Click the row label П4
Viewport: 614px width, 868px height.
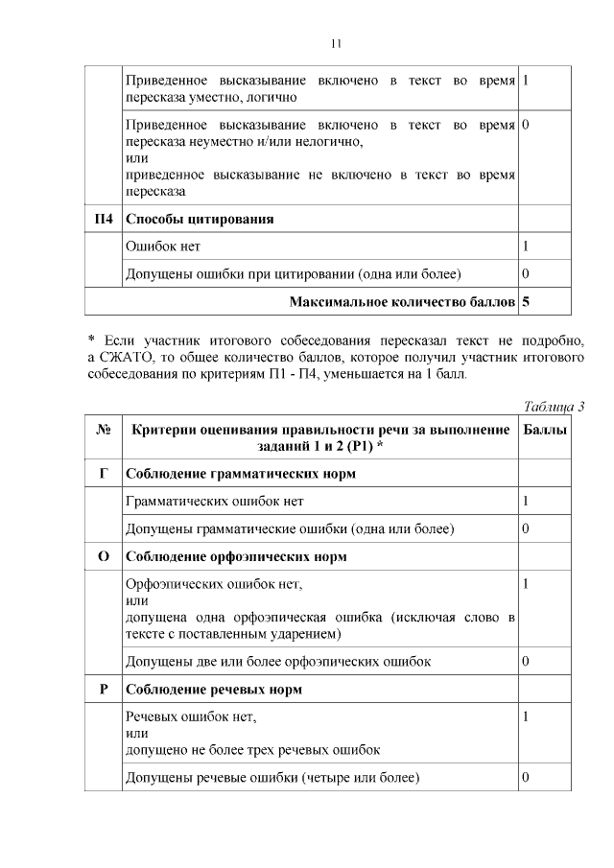pos(104,219)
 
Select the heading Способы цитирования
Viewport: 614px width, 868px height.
pos(200,219)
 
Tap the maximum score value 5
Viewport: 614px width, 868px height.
pos(526,302)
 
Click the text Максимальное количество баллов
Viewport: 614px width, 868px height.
pos(402,302)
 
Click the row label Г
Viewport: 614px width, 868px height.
pos(104,473)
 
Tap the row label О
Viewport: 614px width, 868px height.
pos(104,556)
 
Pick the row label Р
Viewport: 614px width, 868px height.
pos(104,690)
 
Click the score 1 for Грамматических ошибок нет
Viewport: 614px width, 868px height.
pos(526,501)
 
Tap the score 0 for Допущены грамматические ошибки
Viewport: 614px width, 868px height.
pos(526,528)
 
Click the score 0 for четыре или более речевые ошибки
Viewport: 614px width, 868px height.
pos(526,776)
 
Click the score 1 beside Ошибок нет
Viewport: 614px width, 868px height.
pos(526,246)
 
